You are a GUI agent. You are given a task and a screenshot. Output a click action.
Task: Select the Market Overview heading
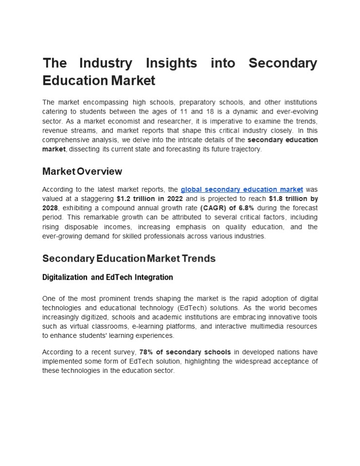point(82,171)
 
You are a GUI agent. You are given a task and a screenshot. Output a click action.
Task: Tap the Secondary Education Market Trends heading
point(129,258)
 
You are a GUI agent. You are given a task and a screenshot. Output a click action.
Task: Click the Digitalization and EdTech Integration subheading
point(107,278)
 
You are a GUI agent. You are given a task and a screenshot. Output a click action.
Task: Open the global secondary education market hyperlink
point(241,189)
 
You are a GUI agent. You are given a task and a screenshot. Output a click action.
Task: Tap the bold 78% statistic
point(147,351)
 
